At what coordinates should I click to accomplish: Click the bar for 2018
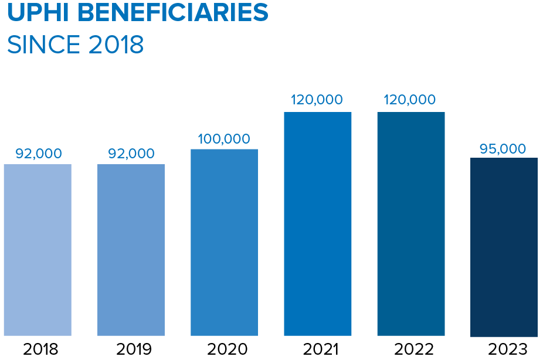38,249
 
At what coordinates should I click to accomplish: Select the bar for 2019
131,249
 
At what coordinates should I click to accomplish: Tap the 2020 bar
224,242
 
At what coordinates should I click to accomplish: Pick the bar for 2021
317,223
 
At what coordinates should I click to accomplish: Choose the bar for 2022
410,223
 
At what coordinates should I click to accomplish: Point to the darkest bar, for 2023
504,246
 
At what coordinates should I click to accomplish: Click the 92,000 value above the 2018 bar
38,154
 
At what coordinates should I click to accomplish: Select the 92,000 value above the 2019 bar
131,154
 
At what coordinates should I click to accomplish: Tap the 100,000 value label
224,139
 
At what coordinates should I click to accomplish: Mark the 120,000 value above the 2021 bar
317,100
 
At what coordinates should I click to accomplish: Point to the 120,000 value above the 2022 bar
410,100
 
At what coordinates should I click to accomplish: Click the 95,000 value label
503,148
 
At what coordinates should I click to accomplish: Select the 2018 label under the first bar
40,349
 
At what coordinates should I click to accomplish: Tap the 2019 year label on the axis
133,349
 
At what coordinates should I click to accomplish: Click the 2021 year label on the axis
320,349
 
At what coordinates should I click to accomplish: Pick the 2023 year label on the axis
507,349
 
